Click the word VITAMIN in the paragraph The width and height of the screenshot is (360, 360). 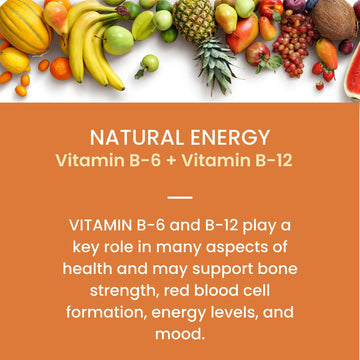click(x=106, y=226)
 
